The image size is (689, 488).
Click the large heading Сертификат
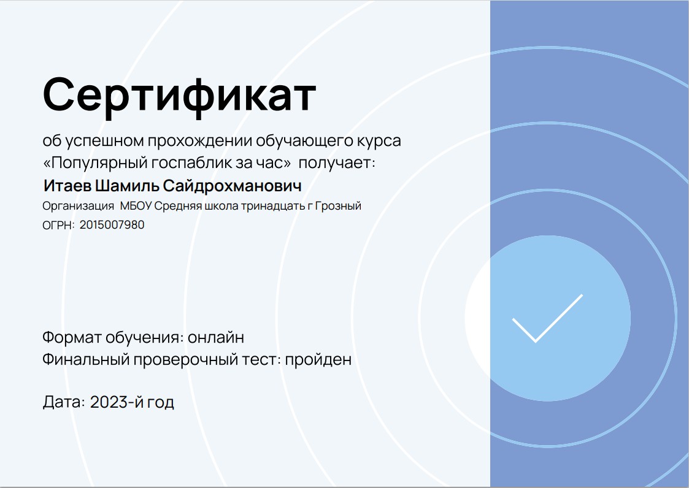click(x=179, y=96)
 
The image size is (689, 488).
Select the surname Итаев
click(x=67, y=186)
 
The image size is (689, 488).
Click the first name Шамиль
click(x=128, y=186)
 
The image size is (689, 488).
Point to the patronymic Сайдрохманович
click(x=232, y=186)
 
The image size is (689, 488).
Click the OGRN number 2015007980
click(x=112, y=225)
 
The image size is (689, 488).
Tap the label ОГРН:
click(x=58, y=226)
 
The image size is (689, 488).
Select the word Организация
click(x=78, y=206)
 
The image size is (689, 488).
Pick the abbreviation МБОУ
click(x=136, y=205)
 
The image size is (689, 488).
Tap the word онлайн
click(x=216, y=337)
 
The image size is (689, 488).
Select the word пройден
click(x=318, y=359)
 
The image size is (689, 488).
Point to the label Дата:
click(x=64, y=402)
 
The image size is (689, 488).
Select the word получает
click(x=337, y=163)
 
